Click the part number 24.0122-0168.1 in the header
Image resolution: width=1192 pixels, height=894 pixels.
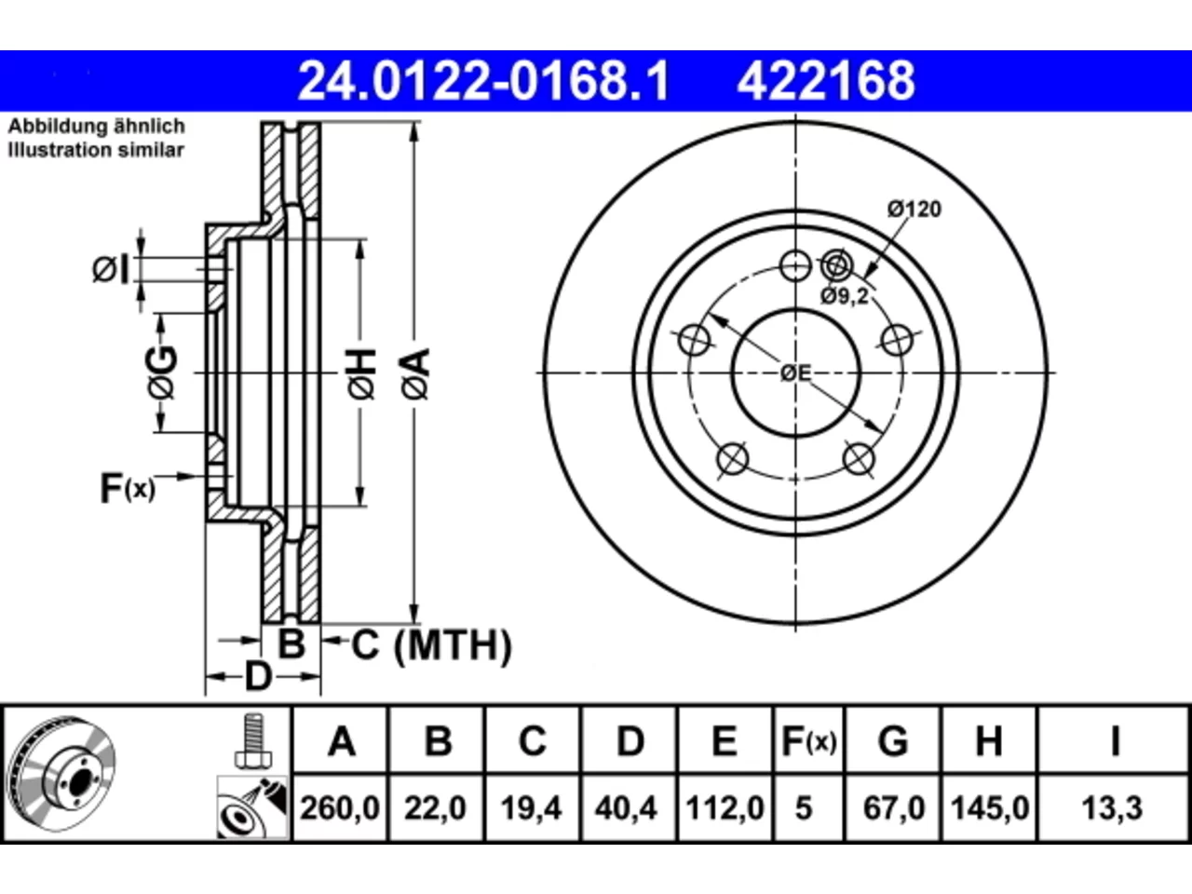point(483,81)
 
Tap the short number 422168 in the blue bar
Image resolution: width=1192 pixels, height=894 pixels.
point(826,81)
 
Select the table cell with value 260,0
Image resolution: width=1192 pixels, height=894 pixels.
point(340,807)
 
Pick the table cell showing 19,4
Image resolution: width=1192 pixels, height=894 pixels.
point(531,807)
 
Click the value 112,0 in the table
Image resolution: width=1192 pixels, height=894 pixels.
point(725,807)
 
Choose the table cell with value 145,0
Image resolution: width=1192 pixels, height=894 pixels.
point(989,807)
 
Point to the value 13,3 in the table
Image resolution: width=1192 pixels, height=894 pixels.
point(1112,807)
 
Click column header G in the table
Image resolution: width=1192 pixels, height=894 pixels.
point(893,741)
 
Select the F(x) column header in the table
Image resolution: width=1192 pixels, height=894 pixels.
point(809,741)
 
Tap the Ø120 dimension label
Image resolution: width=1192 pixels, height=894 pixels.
point(914,210)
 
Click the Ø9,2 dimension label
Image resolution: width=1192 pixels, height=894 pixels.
point(845,296)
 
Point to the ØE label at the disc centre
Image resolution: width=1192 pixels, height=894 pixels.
point(795,373)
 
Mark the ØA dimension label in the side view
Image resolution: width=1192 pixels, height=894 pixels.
point(416,374)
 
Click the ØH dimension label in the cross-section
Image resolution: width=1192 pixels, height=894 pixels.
point(361,374)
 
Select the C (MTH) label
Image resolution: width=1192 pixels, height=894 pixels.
point(432,645)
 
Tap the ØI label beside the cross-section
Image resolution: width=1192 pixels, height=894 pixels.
point(112,270)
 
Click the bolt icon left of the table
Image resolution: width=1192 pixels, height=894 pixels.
point(253,741)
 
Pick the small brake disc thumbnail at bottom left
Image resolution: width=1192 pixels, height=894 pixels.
point(61,775)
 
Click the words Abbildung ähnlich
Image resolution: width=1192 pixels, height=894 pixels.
point(97,127)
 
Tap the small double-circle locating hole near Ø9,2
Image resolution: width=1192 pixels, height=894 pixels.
point(837,266)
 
